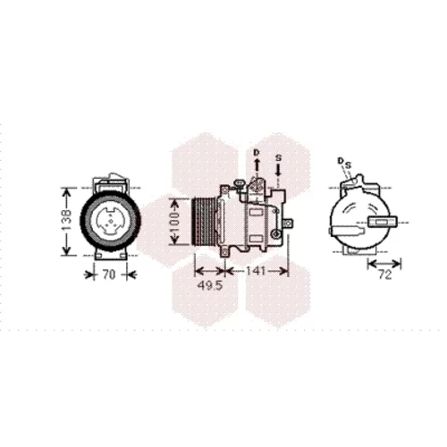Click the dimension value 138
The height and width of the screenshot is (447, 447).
(67, 221)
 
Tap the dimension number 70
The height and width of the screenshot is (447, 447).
(109, 274)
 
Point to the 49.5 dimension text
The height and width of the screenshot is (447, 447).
(210, 286)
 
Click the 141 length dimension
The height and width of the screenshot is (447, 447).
(256, 271)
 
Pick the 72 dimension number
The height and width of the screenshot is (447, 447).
(385, 274)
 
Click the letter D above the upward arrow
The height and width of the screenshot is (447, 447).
(257, 153)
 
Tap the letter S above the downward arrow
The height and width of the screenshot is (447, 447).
(278, 158)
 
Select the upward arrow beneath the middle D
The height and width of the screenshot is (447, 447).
(257, 164)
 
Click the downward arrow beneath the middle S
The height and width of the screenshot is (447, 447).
(278, 170)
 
